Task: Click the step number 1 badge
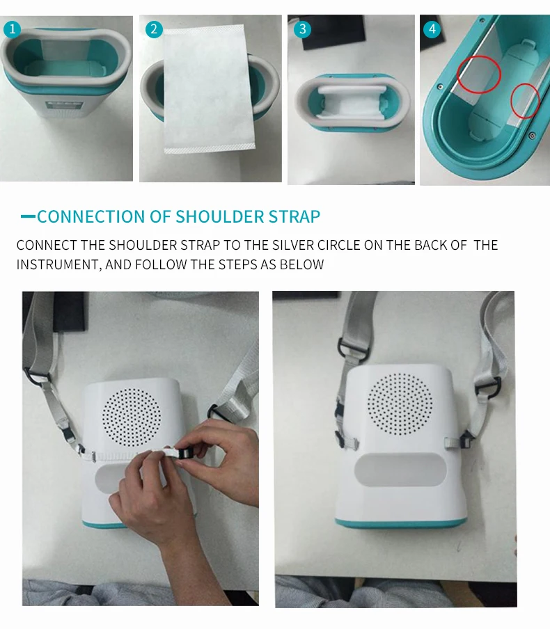(12, 29)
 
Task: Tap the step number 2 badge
(154, 29)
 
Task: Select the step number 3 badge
(302, 29)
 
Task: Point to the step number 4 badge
(432, 29)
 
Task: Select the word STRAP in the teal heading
(294, 216)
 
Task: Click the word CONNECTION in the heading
(91, 216)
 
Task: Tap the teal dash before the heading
(28, 216)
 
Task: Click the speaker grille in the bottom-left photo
(132, 417)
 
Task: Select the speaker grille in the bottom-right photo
(400, 404)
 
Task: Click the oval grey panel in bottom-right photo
(400, 470)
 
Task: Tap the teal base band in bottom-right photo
(401, 523)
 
